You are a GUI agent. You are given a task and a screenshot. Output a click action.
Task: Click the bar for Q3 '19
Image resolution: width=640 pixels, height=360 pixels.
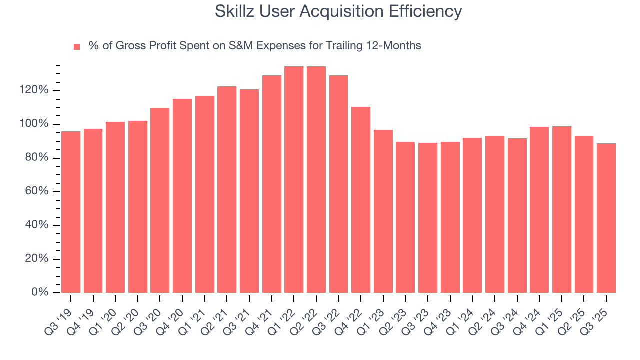[x=71, y=212]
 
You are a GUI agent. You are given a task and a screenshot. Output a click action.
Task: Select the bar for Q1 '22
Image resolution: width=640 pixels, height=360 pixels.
[x=294, y=179]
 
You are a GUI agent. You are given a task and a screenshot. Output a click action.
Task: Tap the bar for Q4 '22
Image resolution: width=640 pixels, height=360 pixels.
[x=361, y=199]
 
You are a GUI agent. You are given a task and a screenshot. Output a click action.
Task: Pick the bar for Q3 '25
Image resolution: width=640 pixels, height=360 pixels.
[x=606, y=218]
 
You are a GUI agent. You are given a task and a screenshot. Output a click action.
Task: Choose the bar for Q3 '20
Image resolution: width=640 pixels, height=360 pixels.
[x=160, y=200]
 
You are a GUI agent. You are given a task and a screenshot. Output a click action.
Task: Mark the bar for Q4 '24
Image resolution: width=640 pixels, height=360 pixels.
[x=539, y=209]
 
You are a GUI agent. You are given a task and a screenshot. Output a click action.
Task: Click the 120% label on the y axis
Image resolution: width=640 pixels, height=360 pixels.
[x=34, y=90]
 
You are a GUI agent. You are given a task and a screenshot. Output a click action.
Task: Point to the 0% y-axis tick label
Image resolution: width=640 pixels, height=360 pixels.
[x=40, y=292]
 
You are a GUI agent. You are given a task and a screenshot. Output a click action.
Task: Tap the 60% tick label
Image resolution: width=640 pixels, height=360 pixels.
[x=37, y=191]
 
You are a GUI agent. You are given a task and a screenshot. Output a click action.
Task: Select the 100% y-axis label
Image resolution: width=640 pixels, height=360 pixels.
[x=34, y=124]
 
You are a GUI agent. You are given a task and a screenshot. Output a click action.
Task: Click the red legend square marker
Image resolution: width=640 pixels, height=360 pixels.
[x=77, y=47]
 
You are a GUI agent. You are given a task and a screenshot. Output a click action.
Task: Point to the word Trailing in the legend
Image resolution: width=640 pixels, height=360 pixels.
[x=345, y=46]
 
